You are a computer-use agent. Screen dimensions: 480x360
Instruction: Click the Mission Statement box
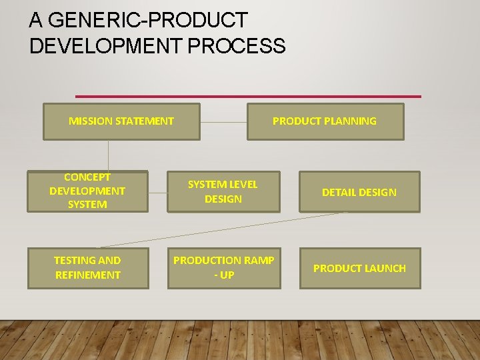121,121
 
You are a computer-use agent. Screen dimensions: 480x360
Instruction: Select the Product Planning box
325,121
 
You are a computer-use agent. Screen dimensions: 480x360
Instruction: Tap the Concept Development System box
87,191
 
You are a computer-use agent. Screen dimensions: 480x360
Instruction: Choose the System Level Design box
223,192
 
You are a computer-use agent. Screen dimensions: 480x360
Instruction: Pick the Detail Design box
359,192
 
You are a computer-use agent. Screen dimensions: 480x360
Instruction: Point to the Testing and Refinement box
87,268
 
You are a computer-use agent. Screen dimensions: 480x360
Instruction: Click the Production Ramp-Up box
223,268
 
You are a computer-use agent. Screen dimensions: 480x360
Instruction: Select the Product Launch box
359,268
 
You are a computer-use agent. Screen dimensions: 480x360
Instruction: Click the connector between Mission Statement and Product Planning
223,123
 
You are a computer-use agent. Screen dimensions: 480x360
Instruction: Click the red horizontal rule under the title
248,97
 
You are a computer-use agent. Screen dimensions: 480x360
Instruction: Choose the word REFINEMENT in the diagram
88,275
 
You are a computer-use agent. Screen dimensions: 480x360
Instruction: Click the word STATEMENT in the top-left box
145,121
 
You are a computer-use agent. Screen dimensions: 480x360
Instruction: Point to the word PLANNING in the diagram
351,121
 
